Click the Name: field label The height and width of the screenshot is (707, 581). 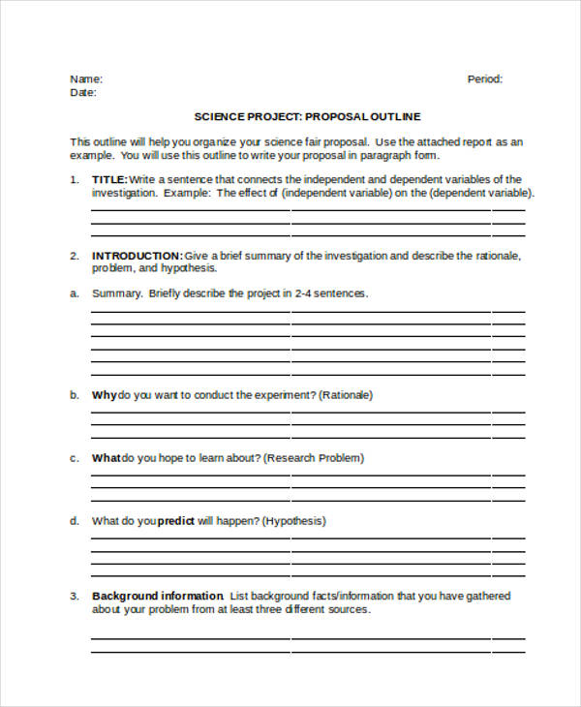[x=85, y=79]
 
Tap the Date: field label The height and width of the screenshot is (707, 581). [x=82, y=93]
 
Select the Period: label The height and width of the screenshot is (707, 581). [x=485, y=79]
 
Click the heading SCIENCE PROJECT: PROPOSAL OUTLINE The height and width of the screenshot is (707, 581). [x=308, y=117]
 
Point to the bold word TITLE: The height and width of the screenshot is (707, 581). [x=108, y=179]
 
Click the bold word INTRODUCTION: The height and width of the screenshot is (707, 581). [x=137, y=256]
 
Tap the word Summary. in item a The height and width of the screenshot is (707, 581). [x=117, y=292]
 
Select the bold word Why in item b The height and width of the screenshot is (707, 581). [x=104, y=395]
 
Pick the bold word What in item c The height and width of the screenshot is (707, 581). [x=107, y=458]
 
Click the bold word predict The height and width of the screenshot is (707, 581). [x=176, y=521]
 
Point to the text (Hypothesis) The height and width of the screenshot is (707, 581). [x=294, y=521]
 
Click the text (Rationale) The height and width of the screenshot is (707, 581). [x=346, y=395]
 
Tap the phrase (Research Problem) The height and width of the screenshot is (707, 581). [x=314, y=458]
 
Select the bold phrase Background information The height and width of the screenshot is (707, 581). [x=157, y=596]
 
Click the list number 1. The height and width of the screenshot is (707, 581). [x=74, y=179]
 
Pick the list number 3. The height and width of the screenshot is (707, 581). [x=74, y=596]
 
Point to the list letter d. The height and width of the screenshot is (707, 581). [x=74, y=521]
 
